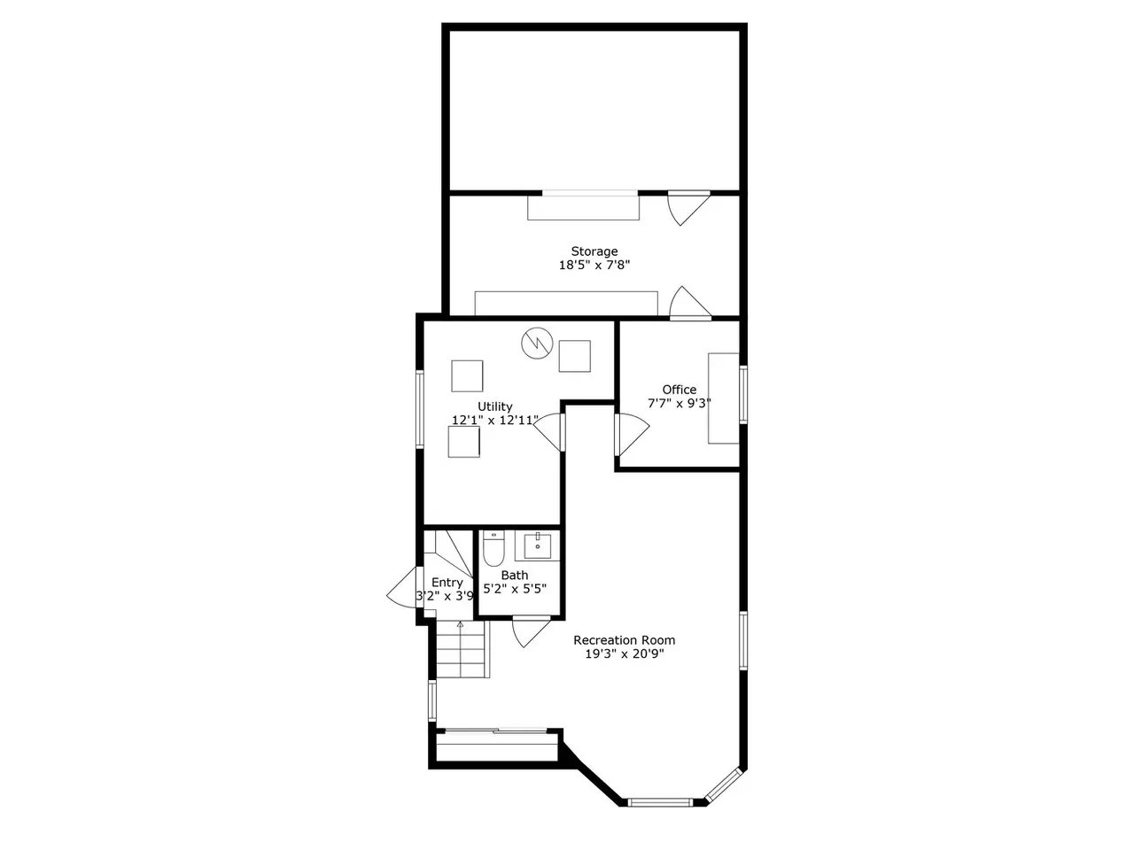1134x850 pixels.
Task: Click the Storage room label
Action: pyautogui.click(x=594, y=251)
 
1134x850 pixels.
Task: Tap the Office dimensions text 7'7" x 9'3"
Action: pyautogui.click(x=680, y=403)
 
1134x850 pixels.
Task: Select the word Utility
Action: pyautogui.click(x=495, y=406)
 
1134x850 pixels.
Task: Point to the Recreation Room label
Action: pyautogui.click(x=624, y=640)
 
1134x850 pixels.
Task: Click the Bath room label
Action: pyautogui.click(x=515, y=575)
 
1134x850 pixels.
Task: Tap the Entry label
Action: pyautogui.click(x=447, y=583)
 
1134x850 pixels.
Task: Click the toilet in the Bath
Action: pyautogui.click(x=493, y=548)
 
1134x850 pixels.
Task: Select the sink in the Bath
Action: pyautogui.click(x=537, y=546)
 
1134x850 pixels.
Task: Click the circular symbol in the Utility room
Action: pyautogui.click(x=537, y=344)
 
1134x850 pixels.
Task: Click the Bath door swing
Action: pyautogui.click(x=531, y=632)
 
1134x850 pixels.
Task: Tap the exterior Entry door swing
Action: pyautogui.click(x=402, y=587)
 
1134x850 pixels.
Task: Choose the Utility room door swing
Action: pyautogui.click(x=549, y=432)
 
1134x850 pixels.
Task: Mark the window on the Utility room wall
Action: pyautogui.click(x=420, y=408)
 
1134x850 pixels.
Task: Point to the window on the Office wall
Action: pyautogui.click(x=743, y=394)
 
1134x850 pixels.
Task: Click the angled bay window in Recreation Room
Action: pyautogui.click(x=725, y=785)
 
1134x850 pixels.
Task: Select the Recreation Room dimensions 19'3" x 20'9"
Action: pyautogui.click(x=624, y=654)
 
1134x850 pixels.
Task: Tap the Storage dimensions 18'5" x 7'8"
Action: pyautogui.click(x=594, y=266)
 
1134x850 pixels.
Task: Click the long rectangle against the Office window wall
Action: pyautogui.click(x=723, y=398)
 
